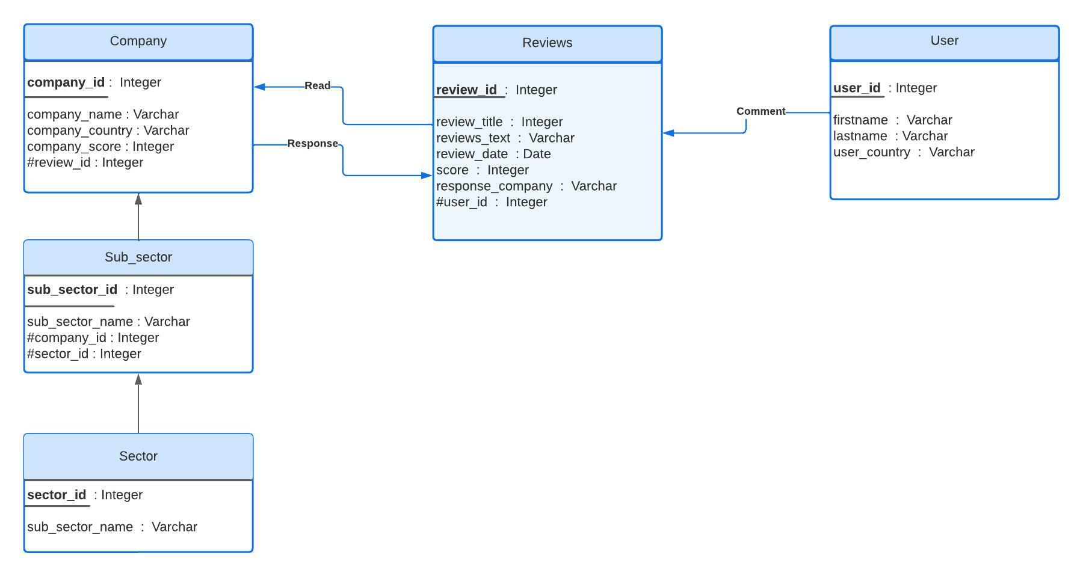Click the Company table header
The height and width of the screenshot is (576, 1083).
pyautogui.click(x=138, y=41)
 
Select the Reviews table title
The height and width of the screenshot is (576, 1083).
pyautogui.click(x=547, y=43)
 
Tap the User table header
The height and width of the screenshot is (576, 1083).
pyautogui.click(x=944, y=41)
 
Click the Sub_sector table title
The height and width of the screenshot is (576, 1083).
pyautogui.click(x=138, y=257)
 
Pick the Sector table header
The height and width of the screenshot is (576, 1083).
pyautogui.click(x=138, y=456)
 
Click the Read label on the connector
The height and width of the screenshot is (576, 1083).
pyautogui.click(x=317, y=86)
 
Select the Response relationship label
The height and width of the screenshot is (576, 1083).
pyautogui.click(x=312, y=144)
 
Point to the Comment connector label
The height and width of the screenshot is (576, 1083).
pyautogui.click(x=761, y=111)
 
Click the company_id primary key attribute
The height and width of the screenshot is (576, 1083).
pyautogui.click(x=66, y=82)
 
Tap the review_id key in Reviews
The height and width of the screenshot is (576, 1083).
pyautogui.click(x=467, y=90)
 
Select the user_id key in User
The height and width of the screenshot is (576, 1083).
pyautogui.click(x=857, y=88)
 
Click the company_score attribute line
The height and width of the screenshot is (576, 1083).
pyautogui.click(x=100, y=147)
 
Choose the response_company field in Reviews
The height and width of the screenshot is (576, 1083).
pyautogui.click(x=526, y=186)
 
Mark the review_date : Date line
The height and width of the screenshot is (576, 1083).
pyautogui.click(x=493, y=155)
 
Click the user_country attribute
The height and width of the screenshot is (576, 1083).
pyautogui.click(x=903, y=152)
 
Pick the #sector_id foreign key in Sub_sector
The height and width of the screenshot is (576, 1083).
pyautogui.click(x=84, y=354)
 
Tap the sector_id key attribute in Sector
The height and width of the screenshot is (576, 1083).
pyautogui.click(x=57, y=495)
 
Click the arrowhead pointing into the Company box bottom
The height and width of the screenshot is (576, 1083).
pyautogui.click(x=138, y=199)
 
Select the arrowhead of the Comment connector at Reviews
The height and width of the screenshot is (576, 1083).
pyautogui.click(x=668, y=133)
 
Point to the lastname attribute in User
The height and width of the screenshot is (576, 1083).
pyautogui.click(x=890, y=136)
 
